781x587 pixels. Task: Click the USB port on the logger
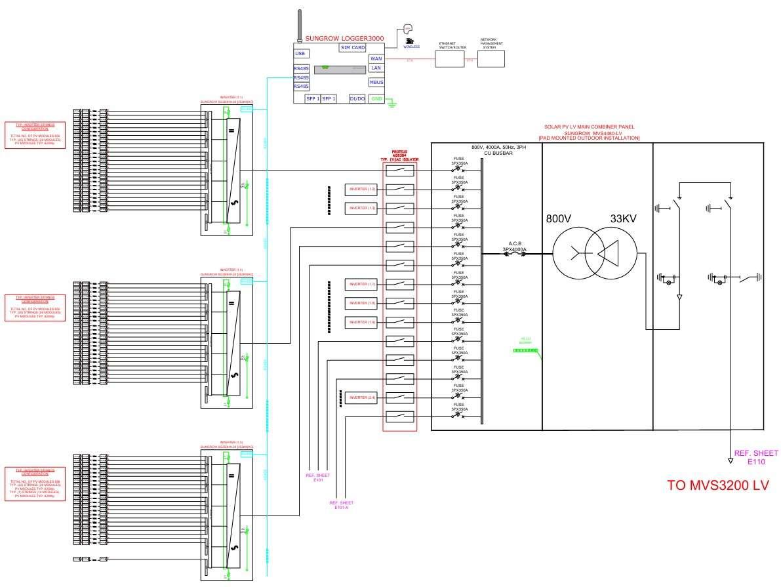(x=300, y=54)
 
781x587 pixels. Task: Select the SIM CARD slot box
(x=353, y=47)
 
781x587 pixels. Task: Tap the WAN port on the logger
(x=376, y=58)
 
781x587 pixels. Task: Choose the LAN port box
(x=376, y=68)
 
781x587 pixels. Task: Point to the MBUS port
(x=376, y=82)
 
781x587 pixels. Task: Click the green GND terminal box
(x=376, y=98)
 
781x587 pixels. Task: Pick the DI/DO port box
(x=357, y=98)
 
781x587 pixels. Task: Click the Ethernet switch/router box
(x=452, y=58)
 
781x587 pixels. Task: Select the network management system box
(x=492, y=57)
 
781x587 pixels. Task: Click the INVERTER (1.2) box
(x=363, y=190)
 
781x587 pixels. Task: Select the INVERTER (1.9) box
(x=363, y=322)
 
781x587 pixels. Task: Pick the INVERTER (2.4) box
(x=363, y=397)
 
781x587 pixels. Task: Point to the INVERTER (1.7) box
(x=363, y=284)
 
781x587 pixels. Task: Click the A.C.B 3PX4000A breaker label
(x=514, y=247)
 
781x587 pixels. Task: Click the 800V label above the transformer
(x=559, y=219)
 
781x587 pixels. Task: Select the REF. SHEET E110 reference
(x=755, y=457)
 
